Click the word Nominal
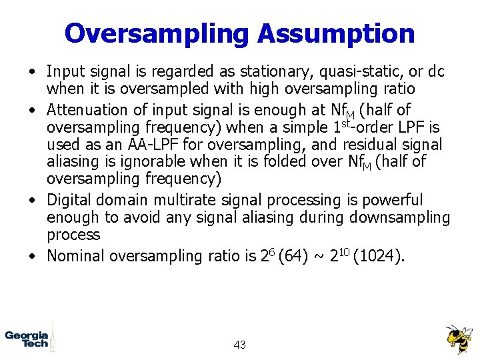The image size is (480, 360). [x=76, y=255]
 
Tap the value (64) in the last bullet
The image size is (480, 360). [x=292, y=255]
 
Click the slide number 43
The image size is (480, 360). [x=240, y=345]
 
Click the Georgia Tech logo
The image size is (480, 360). [x=27, y=338]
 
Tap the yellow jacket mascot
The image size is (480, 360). [x=458, y=338]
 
